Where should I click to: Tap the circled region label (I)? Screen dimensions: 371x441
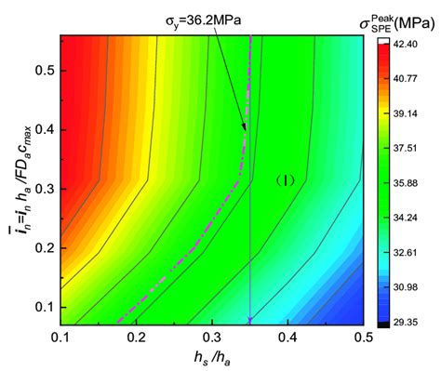pos(286,181)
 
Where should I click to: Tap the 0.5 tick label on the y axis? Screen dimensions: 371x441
pos(44,71)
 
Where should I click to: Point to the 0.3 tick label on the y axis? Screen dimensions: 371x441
pos(44,189)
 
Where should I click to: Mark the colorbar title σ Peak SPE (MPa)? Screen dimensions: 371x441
pos(403,18)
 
